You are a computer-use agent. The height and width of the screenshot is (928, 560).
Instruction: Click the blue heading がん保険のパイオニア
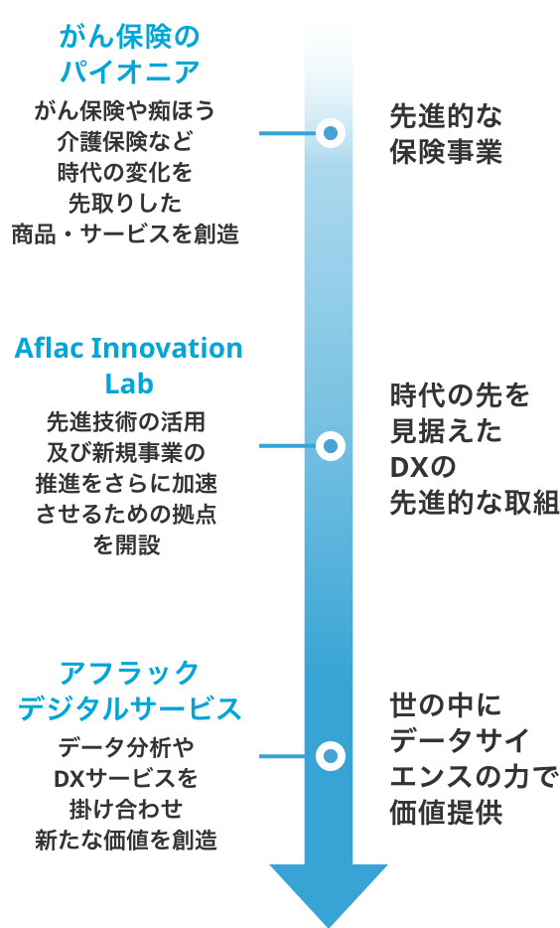click(129, 54)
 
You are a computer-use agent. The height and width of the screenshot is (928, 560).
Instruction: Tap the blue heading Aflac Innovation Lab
click(128, 366)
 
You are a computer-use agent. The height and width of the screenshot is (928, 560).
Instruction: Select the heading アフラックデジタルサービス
click(129, 691)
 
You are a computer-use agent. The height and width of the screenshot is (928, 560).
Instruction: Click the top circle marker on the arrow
click(331, 133)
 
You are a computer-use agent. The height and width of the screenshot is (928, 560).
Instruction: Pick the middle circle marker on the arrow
click(331, 446)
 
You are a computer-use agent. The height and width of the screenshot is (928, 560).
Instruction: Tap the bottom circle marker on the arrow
click(331, 756)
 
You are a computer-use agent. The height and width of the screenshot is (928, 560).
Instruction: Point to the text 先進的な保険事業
click(446, 134)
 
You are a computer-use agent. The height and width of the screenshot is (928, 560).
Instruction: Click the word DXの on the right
click(423, 467)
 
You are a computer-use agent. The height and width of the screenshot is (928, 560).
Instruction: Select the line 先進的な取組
click(475, 503)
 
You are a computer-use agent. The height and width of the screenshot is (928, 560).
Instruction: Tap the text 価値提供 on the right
click(446, 812)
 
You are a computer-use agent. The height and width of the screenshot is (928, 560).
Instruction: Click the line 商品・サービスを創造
click(125, 234)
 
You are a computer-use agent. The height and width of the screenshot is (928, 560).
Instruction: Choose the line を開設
click(126, 544)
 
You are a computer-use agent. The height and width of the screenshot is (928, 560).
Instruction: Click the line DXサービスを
click(126, 778)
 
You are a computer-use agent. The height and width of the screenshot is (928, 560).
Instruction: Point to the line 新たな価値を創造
click(126, 840)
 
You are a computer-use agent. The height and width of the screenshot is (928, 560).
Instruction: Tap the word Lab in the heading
click(129, 383)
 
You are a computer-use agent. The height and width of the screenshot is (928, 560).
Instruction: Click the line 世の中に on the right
click(445, 705)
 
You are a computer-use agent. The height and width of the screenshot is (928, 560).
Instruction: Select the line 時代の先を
click(460, 395)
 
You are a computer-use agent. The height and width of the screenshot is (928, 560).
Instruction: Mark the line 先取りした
click(125, 203)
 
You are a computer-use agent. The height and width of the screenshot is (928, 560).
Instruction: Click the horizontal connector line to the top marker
click(288, 133)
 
